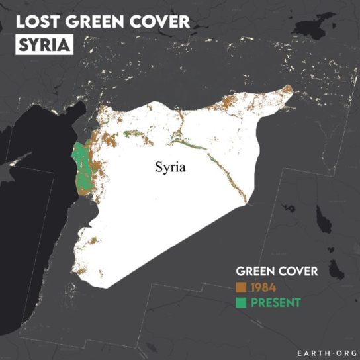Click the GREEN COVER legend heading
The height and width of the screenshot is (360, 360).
[277, 271]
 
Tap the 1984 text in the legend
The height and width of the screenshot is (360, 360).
[263, 287]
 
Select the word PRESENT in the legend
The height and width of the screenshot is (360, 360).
[275, 302]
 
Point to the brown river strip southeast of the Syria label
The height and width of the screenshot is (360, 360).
[228, 179]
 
